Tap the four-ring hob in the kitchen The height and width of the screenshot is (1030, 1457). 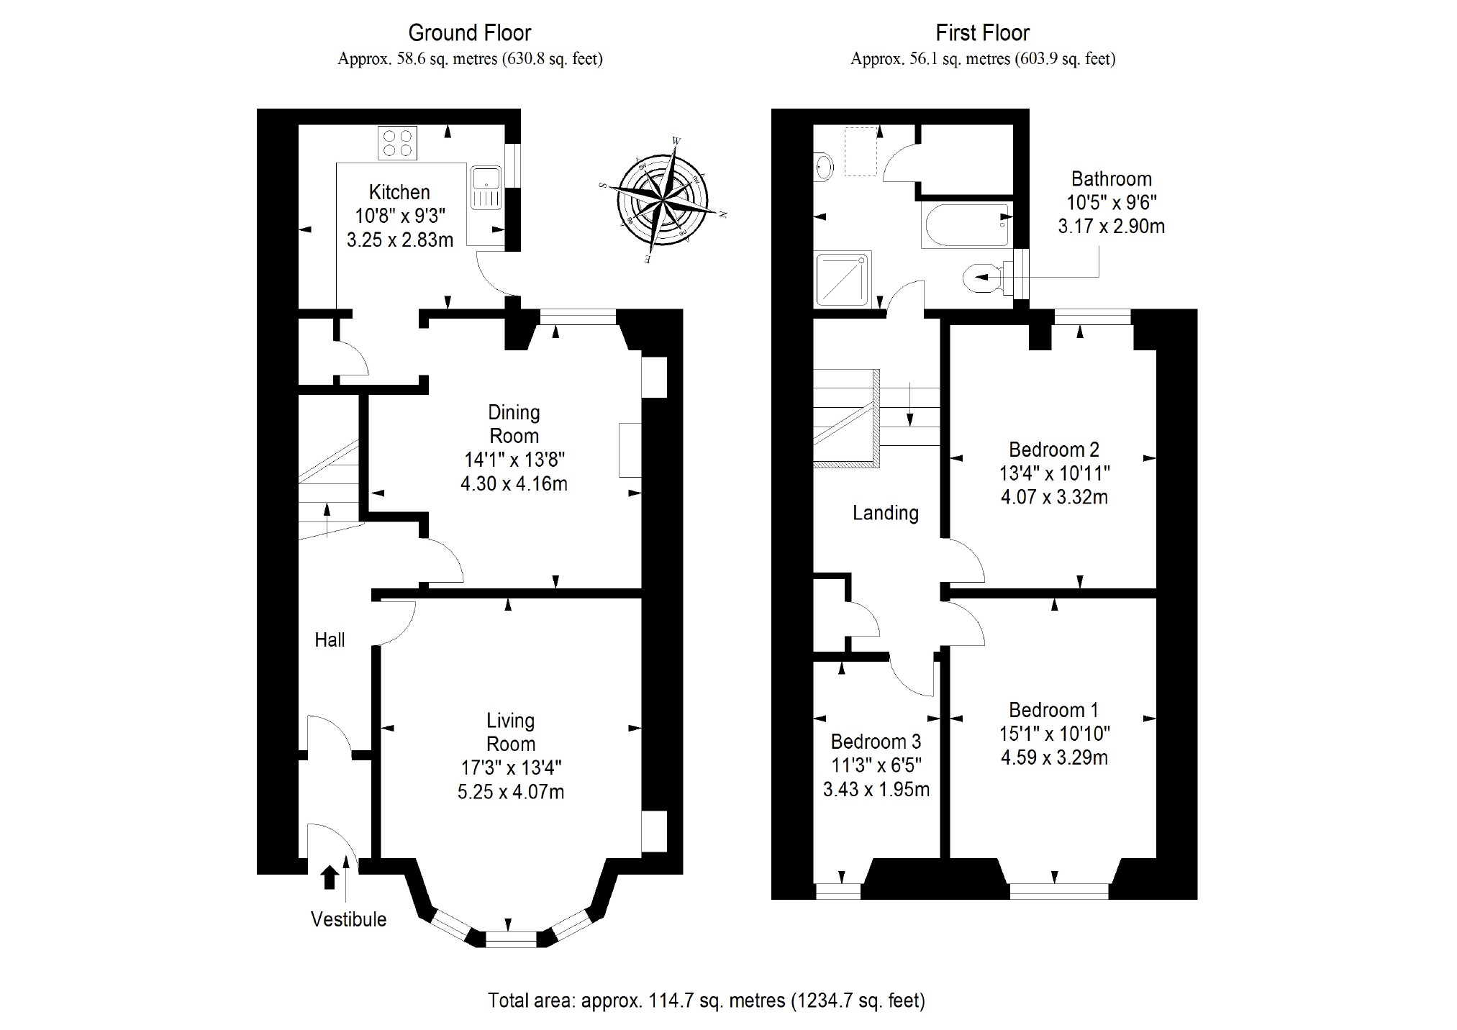click(397, 142)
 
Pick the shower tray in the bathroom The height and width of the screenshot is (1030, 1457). click(843, 278)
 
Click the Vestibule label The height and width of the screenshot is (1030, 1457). click(348, 919)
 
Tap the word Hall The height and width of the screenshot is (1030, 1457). click(330, 639)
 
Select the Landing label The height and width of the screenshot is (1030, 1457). click(885, 513)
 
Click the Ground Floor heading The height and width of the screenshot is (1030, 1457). click(469, 33)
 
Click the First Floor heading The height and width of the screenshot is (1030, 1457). click(982, 33)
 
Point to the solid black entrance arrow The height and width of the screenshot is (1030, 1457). click(330, 877)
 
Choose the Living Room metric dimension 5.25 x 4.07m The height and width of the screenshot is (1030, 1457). click(511, 792)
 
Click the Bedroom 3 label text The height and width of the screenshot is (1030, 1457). click(876, 742)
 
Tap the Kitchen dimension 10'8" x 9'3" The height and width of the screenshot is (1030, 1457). click(400, 216)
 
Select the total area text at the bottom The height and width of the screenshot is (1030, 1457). click(706, 1001)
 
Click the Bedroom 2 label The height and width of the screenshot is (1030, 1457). click(1053, 450)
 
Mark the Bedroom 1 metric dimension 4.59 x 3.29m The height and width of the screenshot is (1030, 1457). click(1053, 757)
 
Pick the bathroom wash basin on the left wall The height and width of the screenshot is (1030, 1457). click(824, 167)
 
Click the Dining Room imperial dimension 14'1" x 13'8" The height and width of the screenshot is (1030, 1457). click(514, 460)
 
